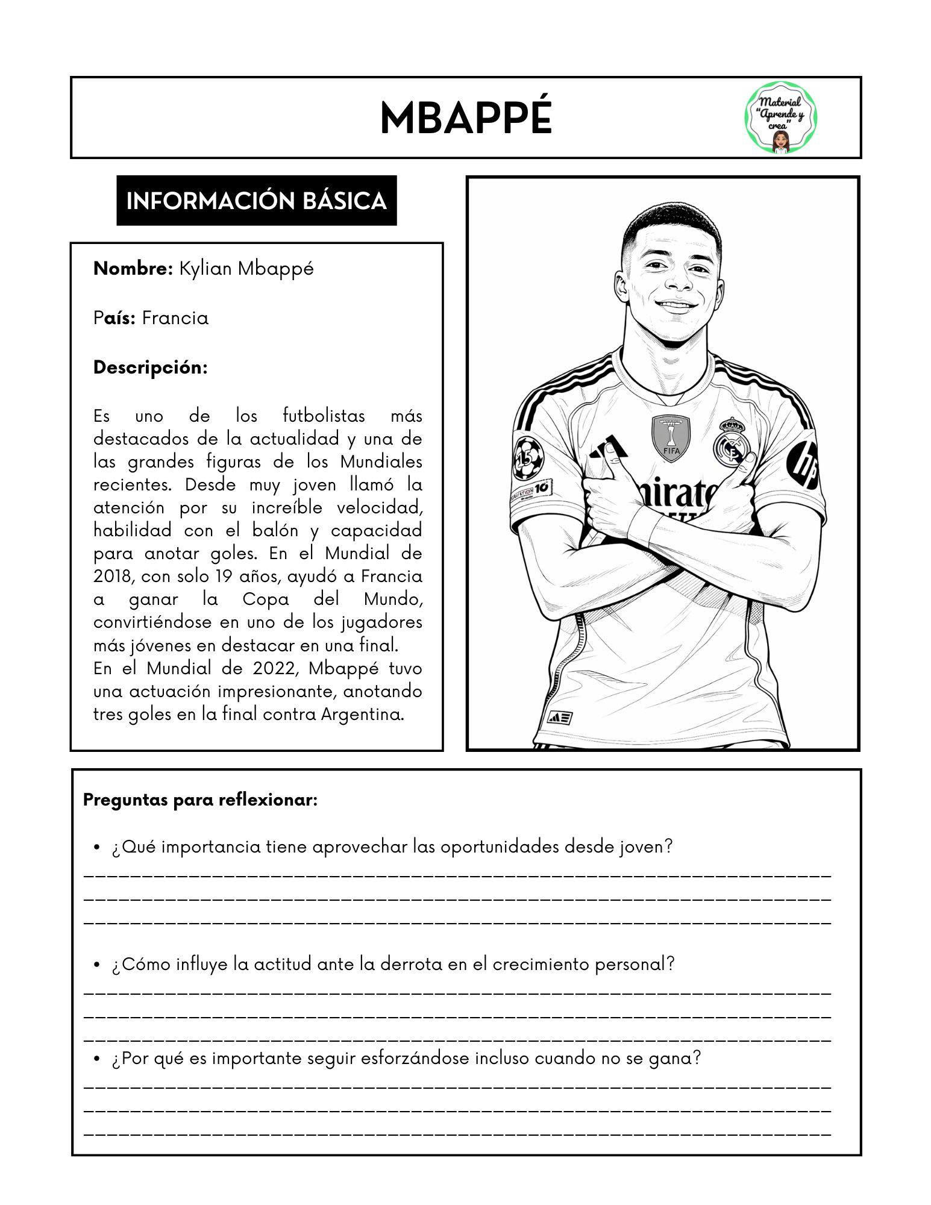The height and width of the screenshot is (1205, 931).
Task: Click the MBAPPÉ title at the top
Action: (x=465, y=119)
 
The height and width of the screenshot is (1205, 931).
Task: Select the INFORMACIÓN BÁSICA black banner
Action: (x=256, y=201)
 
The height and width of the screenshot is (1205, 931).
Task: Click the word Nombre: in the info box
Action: (x=133, y=269)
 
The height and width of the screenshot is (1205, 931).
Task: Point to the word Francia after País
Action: (x=175, y=318)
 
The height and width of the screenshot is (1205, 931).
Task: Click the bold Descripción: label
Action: (x=150, y=368)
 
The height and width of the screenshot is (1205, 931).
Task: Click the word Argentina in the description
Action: (x=362, y=715)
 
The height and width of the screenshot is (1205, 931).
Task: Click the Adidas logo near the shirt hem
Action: (x=559, y=718)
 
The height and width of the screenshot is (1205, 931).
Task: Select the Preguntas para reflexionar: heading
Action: (x=200, y=801)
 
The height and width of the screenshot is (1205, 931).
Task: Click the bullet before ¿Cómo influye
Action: (x=96, y=965)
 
